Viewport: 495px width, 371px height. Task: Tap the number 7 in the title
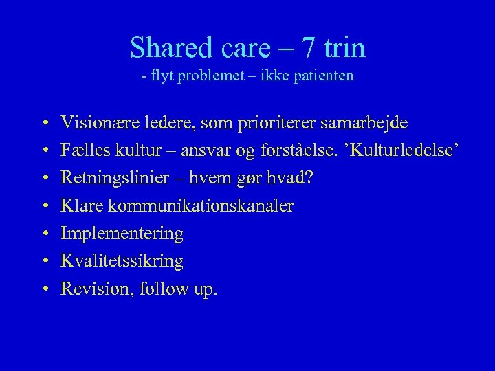[309, 48]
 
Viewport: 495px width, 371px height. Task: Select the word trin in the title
[344, 48]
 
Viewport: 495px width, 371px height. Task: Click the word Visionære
[93, 123]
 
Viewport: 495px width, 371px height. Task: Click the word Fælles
[80, 150]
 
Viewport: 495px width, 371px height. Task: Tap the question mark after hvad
[309, 178]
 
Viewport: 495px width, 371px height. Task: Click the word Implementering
[122, 234]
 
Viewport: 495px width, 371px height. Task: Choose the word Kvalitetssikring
[122, 261]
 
